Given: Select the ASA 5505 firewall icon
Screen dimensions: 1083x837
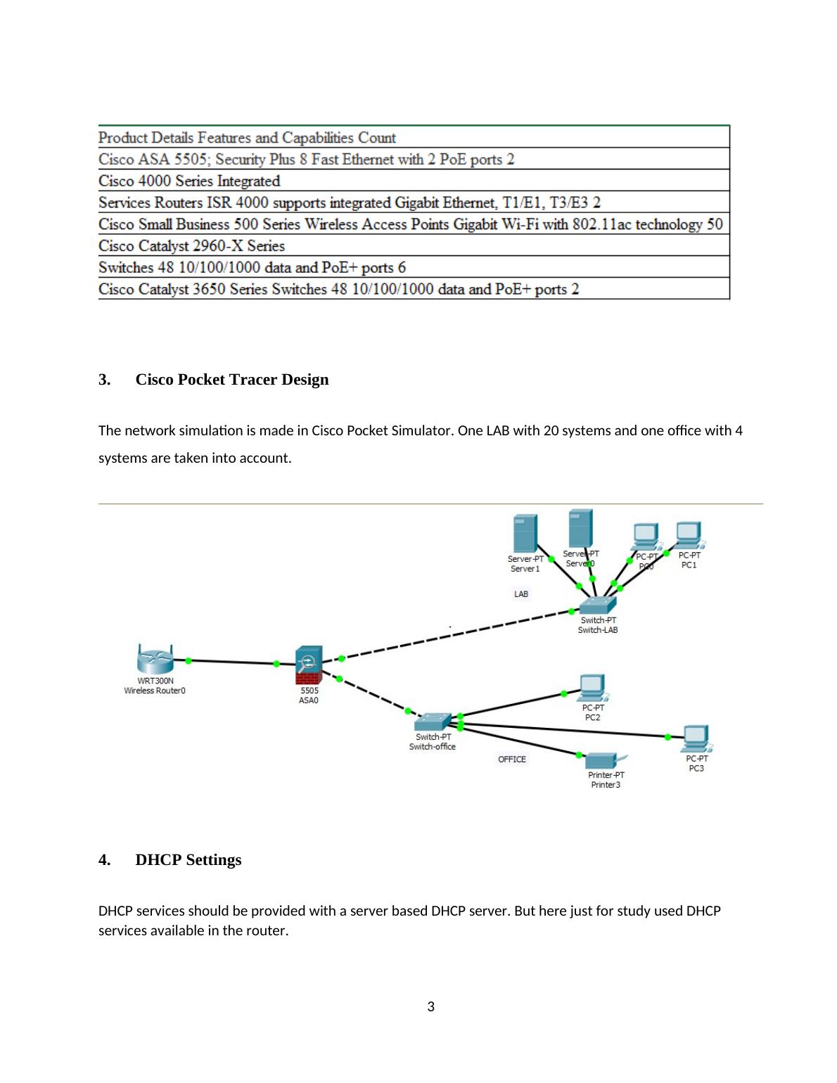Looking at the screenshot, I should click(x=308, y=665).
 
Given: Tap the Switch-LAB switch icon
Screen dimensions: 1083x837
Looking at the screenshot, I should click(x=598, y=604).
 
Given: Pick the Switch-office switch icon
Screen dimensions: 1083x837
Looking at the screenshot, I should click(x=431, y=722).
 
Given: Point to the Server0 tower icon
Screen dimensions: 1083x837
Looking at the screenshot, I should click(x=580, y=528).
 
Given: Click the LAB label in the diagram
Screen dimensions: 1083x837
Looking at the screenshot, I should click(x=521, y=594).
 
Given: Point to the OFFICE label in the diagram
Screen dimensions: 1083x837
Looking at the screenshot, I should click(x=512, y=760).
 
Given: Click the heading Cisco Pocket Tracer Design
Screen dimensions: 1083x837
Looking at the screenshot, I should click(x=231, y=380).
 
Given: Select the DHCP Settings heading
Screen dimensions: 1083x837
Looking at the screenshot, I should click(x=188, y=860).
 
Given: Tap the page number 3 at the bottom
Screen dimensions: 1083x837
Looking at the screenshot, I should click(x=431, y=1007).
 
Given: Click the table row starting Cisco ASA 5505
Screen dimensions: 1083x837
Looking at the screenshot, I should click(x=307, y=159).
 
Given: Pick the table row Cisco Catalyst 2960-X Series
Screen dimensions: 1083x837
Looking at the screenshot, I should click(x=192, y=245).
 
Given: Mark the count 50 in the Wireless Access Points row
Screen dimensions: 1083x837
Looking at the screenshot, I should click(x=715, y=224).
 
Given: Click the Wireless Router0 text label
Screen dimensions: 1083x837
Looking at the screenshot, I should click(x=155, y=691).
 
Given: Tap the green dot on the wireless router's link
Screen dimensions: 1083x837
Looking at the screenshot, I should click(x=189, y=660).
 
